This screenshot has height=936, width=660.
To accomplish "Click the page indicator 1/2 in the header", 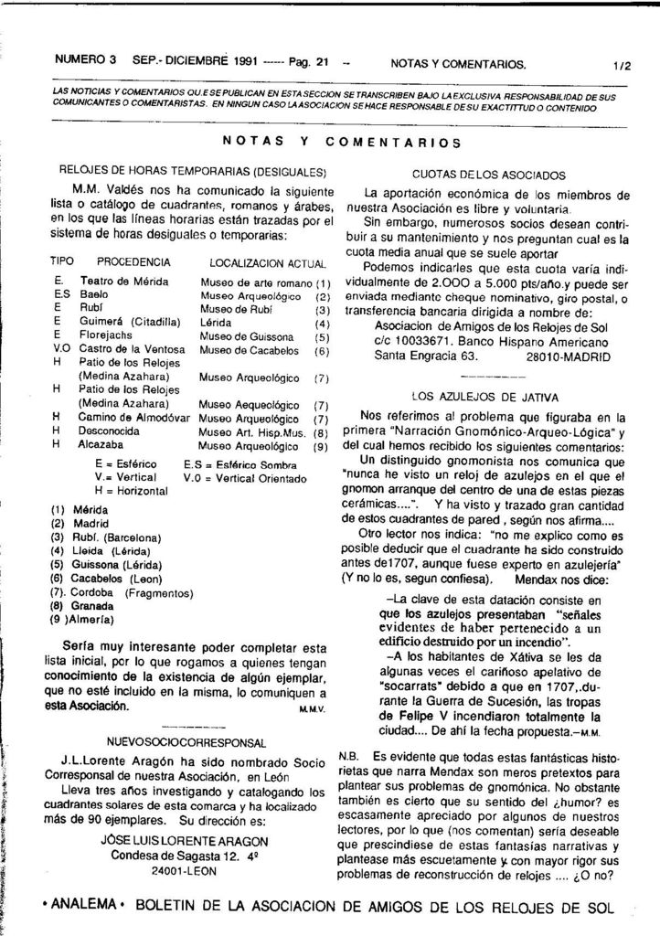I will tap(623, 66).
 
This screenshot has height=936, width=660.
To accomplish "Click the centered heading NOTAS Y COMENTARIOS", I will tap(341, 142).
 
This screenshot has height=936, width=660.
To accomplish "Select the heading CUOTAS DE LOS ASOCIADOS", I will tap(488, 175).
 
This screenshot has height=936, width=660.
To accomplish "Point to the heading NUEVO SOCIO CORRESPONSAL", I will tap(187, 742).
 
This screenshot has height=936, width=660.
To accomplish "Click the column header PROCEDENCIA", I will tap(133, 261).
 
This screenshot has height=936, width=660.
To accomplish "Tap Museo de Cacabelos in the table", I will tap(246, 350).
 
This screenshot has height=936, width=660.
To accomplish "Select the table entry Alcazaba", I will tap(101, 445).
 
